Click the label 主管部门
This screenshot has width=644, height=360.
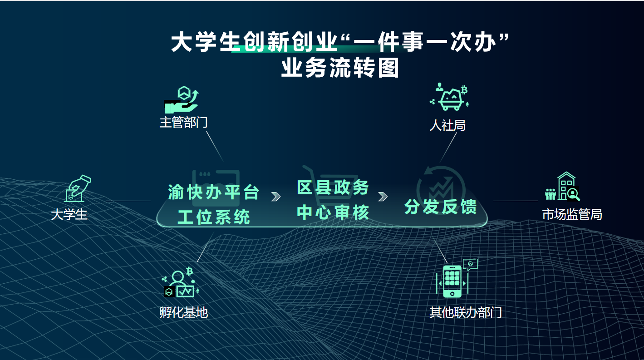183,123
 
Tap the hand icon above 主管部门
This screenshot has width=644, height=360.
182,100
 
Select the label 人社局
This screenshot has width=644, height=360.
447,125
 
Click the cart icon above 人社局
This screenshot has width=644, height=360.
450,97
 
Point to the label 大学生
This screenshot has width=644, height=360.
69,215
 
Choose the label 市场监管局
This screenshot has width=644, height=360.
572,215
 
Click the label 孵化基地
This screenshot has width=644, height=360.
183,312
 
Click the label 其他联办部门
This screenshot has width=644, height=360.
466,312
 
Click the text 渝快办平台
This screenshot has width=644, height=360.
214,192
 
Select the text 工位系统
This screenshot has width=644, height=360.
214,217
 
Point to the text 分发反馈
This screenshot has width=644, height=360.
440,207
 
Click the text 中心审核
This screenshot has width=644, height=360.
333,212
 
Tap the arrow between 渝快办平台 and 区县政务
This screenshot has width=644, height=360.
275,197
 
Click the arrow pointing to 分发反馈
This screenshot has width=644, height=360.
383,197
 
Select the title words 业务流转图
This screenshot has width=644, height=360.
340,68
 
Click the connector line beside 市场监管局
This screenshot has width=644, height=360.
516,201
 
